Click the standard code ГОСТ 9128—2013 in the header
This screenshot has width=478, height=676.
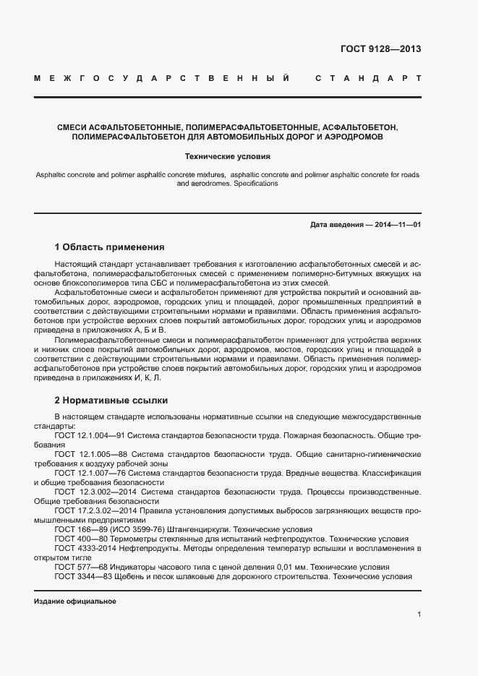(380, 49)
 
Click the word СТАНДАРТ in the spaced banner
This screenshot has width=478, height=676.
(368, 77)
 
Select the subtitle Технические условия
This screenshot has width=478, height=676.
(228, 155)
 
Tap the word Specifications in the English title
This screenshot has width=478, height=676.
(255, 184)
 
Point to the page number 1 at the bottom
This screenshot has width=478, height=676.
(419, 615)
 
